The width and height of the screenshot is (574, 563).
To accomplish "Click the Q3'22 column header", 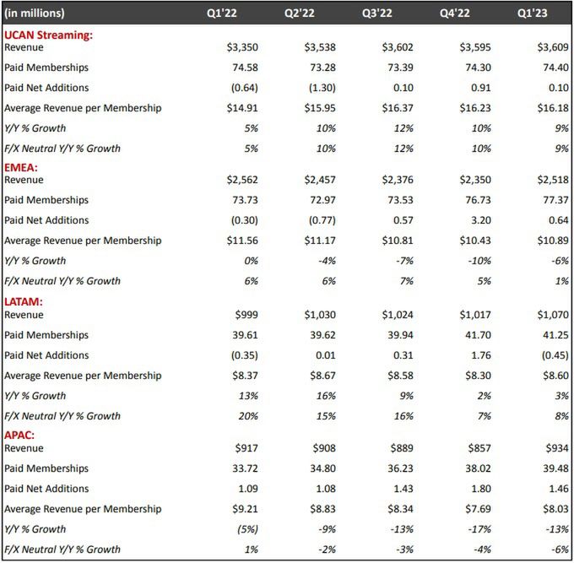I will point(398,13).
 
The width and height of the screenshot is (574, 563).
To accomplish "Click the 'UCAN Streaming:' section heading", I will point(48,35).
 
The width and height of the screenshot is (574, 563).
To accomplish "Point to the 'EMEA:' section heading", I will point(23,167).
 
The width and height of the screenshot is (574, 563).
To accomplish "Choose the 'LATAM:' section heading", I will point(25,301).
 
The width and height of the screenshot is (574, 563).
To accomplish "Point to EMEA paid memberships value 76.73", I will point(475,200).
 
